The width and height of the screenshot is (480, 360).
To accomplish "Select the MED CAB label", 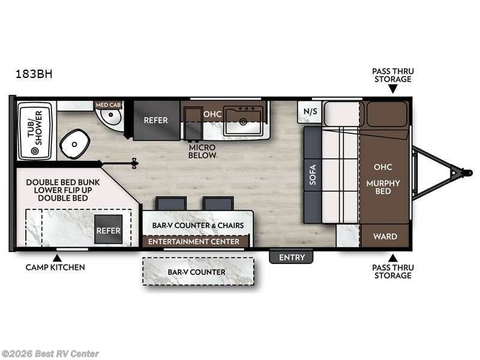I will (x=109, y=105).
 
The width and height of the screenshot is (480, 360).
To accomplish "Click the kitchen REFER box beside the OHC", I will (x=156, y=120).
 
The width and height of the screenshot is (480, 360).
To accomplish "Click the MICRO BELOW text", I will (x=202, y=151).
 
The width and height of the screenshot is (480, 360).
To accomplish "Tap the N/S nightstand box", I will (x=310, y=111).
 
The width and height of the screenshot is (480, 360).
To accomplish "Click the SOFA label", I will (x=312, y=174).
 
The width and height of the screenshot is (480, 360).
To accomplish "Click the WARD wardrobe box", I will (x=385, y=236).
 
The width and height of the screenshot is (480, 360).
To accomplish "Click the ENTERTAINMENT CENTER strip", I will (x=194, y=242).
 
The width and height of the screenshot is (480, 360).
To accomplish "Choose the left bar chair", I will (x=171, y=203).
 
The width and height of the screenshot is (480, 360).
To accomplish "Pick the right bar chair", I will (x=218, y=203).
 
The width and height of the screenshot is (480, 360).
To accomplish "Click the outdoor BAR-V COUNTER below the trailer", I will (x=197, y=272).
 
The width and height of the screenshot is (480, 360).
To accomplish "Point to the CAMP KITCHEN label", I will (x=55, y=267).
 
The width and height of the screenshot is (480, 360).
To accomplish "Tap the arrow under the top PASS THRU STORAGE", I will (x=392, y=89).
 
